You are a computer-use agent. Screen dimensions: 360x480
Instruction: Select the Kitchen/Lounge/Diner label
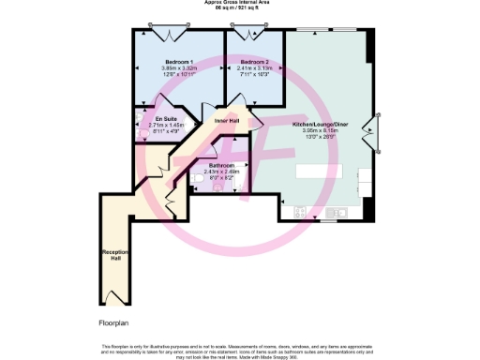322,123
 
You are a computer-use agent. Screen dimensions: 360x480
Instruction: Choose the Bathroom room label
223,164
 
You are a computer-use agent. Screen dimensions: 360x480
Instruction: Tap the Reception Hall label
113,258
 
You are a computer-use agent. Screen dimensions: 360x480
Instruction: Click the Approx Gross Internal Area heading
240,3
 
